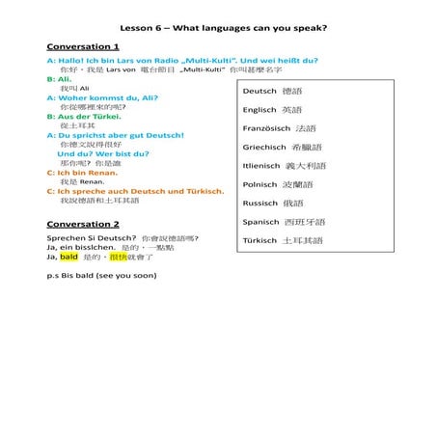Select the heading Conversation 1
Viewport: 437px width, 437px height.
83,46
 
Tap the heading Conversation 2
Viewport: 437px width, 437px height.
83,224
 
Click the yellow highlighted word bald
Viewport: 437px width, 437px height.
68,258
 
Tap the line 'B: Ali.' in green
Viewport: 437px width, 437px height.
60,78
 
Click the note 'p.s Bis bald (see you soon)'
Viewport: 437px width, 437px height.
101,275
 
